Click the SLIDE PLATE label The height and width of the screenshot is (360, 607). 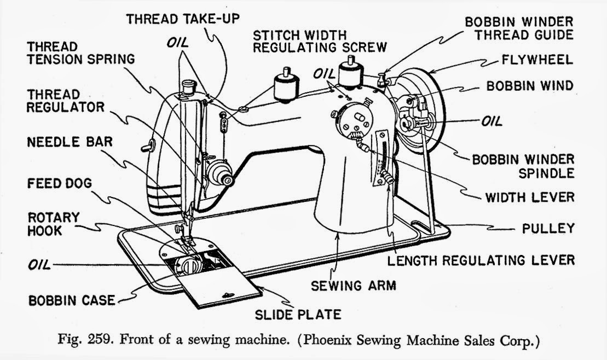[x=298, y=314]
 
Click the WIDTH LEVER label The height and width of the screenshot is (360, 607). [x=530, y=197]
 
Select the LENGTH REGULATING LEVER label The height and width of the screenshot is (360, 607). [x=481, y=260]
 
